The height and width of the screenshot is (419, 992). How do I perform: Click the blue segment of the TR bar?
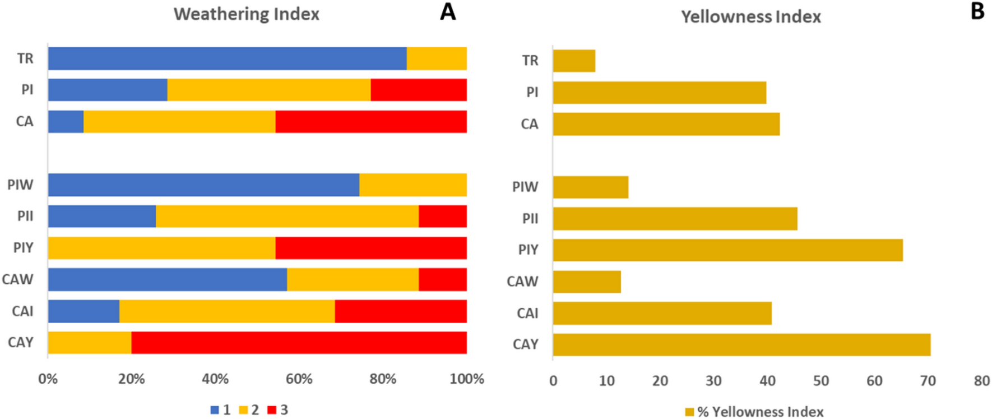(227, 58)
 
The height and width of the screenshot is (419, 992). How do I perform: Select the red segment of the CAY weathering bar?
(299, 343)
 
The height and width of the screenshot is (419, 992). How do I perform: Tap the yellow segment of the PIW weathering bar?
(412, 185)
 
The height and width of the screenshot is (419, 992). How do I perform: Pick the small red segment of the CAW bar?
(442, 279)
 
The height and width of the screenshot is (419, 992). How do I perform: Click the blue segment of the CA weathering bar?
(66, 122)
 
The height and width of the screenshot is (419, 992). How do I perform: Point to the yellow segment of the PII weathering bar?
(287, 217)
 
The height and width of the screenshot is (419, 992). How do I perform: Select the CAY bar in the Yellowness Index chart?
(741, 344)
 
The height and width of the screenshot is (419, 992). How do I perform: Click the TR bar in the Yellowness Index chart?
(574, 61)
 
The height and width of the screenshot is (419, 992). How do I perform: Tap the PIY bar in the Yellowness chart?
(727, 250)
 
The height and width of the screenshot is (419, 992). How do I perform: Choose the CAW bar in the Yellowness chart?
(587, 282)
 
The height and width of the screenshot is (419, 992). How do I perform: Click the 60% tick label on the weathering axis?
(299, 379)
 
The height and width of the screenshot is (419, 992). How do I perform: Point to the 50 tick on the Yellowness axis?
(821, 381)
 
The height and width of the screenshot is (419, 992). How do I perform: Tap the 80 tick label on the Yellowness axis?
(981, 381)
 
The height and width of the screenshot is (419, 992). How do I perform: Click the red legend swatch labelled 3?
(272, 410)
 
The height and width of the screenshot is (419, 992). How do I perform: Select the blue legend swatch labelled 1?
(215, 410)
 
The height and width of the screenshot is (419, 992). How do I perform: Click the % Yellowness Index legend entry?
(754, 412)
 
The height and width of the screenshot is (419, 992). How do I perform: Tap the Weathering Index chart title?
(246, 14)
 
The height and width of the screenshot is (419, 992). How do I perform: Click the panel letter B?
(977, 11)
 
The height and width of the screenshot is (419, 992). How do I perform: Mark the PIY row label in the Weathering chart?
(23, 247)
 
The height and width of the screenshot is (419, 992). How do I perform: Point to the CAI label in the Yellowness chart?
(527, 313)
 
